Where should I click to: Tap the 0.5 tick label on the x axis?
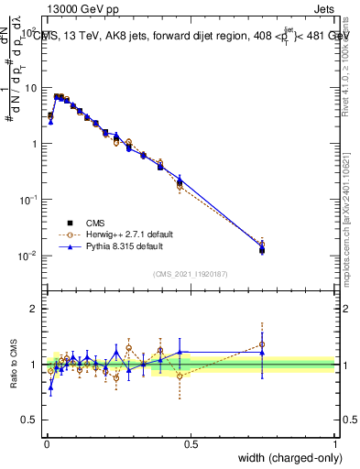(191, 443)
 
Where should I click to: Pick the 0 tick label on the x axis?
(46, 443)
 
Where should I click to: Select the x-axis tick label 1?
(335, 443)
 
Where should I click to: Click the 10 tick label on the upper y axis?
(31, 88)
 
